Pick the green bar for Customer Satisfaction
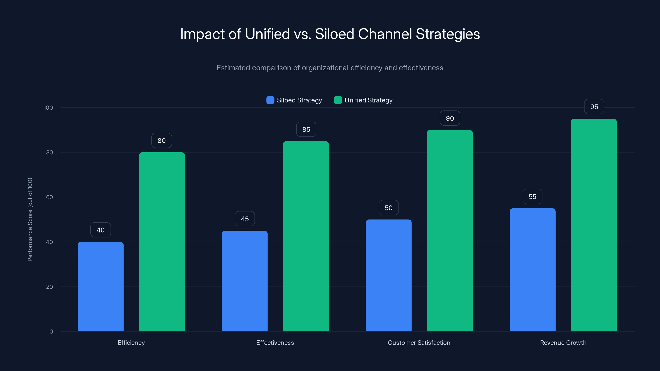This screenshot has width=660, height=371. (450, 230)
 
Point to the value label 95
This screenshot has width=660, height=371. (594, 107)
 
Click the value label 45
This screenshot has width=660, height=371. (245, 219)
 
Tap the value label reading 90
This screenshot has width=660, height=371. (450, 118)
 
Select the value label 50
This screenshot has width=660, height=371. (388, 208)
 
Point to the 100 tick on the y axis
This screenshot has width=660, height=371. (48, 108)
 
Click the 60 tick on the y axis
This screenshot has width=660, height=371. (49, 197)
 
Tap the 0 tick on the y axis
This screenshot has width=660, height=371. (51, 332)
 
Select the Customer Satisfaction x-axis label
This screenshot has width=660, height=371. (419, 343)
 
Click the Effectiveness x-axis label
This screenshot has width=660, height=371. (275, 343)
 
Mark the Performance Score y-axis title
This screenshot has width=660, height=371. (30, 220)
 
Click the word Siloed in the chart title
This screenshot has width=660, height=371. (334, 34)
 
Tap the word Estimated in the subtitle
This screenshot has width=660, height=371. (233, 68)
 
